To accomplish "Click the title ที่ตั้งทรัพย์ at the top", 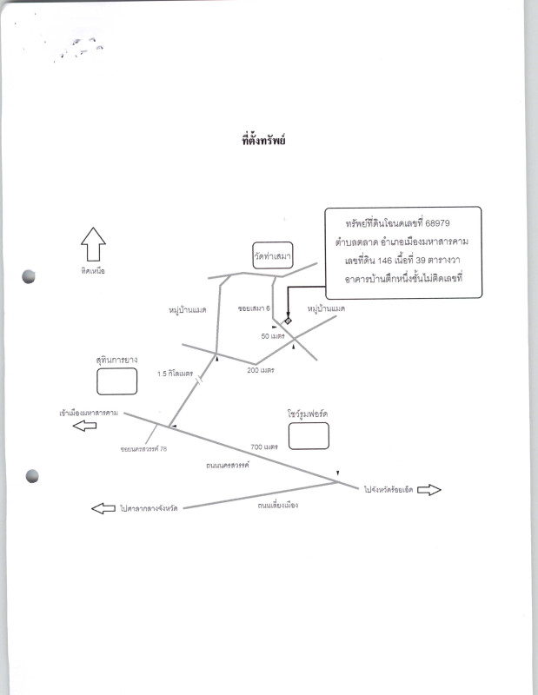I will click(x=263, y=139).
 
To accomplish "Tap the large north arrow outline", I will click(x=92, y=242).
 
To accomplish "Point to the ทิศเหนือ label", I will click(x=92, y=271).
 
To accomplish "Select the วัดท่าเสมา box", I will click(x=272, y=258).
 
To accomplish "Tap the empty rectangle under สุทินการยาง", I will click(x=116, y=381).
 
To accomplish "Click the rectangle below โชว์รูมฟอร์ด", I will click(x=309, y=435).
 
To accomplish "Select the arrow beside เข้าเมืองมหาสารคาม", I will click(x=84, y=427).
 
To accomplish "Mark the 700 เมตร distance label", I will click(x=264, y=447).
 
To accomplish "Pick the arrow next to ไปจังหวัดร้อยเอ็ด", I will click(x=429, y=491).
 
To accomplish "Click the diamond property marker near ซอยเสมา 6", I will click(x=289, y=322).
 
